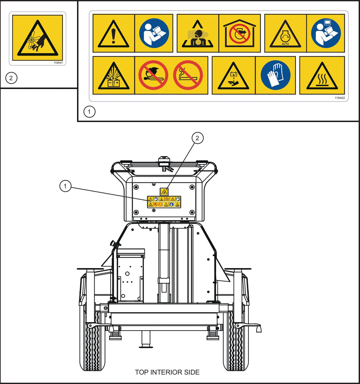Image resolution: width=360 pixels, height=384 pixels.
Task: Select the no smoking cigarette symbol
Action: point(188,75)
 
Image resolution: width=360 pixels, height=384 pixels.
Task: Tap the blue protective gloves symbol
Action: point(275,75)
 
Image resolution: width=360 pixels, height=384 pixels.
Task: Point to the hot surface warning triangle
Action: point(322,76)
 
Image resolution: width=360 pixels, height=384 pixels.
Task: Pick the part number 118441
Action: point(58,63)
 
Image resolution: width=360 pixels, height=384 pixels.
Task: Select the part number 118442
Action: point(340,98)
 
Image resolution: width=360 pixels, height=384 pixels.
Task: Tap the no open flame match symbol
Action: point(153,75)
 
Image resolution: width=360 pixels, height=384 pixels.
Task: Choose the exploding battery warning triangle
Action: point(113,76)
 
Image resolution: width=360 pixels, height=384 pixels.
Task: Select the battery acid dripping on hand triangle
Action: point(233,76)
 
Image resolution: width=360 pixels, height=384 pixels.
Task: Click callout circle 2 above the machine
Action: point(197,138)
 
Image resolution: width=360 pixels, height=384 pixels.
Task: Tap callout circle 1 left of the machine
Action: point(65,186)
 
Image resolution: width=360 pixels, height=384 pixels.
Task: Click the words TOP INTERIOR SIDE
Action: point(167,372)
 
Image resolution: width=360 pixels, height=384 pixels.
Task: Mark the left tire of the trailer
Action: point(92,340)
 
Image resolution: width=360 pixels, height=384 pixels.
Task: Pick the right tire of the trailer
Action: point(236,340)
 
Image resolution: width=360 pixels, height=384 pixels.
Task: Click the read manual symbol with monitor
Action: point(326,33)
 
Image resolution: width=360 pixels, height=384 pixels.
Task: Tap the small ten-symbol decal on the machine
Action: point(164,202)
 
